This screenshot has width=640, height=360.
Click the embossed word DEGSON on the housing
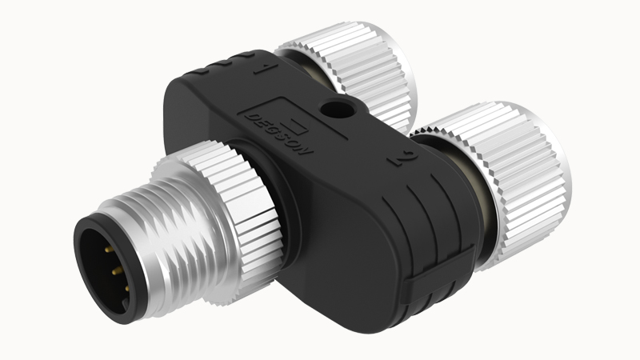pyautogui.click(x=279, y=134)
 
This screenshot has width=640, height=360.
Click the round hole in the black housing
pyautogui.click(x=334, y=110)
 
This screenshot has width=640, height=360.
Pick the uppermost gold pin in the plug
pyautogui.click(x=108, y=248)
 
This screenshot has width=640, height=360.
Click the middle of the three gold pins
pyautogui.click(x=117, y=270)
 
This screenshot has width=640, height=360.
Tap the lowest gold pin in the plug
pyautogui.click(x=127, y=289)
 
